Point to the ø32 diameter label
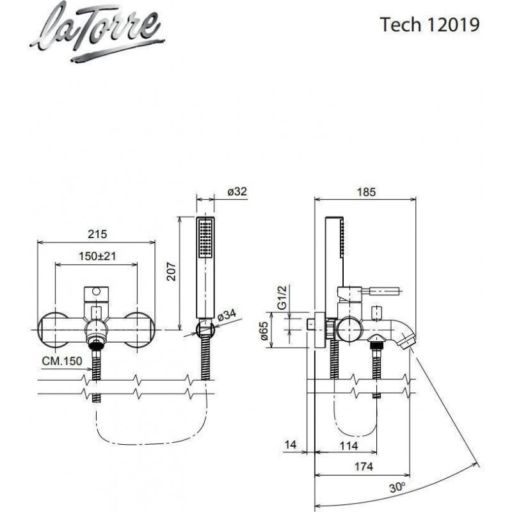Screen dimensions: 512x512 coord(236,191)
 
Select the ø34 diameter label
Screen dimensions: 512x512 coord(227,315)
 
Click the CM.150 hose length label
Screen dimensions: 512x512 coord(62,362)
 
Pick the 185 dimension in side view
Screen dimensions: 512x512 coord(365,191)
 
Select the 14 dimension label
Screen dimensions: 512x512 coord(291,445)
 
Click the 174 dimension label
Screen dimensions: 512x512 coord(364,467)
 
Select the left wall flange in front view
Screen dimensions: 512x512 coord(54,329)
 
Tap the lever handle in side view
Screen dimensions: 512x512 coord(385,292)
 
